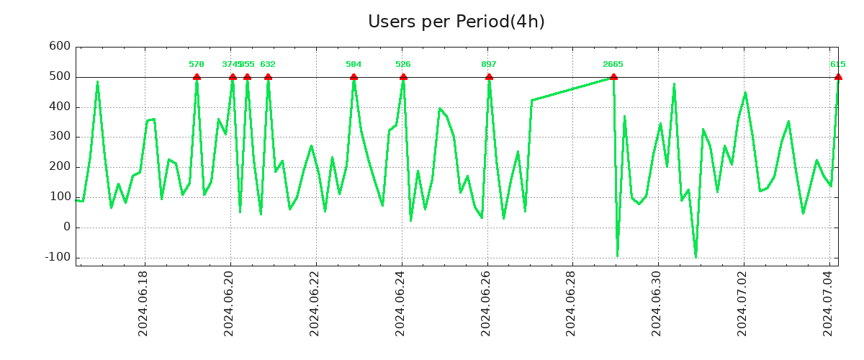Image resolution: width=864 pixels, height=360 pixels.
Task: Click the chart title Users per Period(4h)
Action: pyautogui.click(x=456, y=22)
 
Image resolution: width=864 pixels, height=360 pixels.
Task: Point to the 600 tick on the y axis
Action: pyautogui.click(x=59, y=47)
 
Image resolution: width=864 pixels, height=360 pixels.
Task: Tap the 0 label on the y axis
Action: pyautogui.click(x=67, y=227)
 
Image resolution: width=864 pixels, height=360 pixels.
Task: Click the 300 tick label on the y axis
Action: pyautogui.click(x=59, y=137)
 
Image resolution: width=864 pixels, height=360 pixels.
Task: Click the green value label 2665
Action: pyautogui.click(x=613, y=65)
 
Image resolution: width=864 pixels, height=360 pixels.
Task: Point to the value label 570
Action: pyautogui.click(x=197, y=65)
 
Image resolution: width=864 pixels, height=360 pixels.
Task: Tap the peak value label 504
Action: pyautogui.click(x=354, y=65)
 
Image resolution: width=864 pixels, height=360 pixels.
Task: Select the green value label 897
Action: pyautogui.click(x=489, y=65)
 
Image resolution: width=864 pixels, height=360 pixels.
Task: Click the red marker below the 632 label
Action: pyautogui.click(x=268, y=77)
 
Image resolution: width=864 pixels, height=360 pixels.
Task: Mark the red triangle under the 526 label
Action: pyautogui.click(x=403, y=77)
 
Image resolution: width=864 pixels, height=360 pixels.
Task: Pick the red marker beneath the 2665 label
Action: pyautogui.click(x=613, y=77)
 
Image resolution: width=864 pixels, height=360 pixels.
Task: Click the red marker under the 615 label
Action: pyautogui.click(x=838, y=77)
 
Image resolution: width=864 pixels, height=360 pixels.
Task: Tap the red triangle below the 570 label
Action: pyautogui.click(x=197, y=77)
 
